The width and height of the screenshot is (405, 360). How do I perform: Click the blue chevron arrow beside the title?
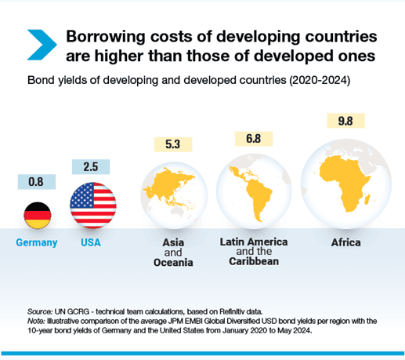point(42,45)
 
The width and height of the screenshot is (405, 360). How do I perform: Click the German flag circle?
point(35,215)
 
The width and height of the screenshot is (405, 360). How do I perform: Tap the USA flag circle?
point(92,205)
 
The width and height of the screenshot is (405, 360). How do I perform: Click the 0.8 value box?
point(35,181)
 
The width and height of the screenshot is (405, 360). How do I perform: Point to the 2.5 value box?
point(92,166)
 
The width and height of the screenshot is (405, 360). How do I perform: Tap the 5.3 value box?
point(173,144)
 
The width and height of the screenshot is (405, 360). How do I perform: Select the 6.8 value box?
point(253,138)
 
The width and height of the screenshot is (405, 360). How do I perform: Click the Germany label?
point(37,243)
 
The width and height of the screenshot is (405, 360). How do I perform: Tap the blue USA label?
point(92,243)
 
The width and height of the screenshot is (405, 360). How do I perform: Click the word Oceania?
point(173,263)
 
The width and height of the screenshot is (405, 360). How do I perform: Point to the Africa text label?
point(345,243)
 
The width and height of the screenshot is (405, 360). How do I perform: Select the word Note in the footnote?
point(36,321)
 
